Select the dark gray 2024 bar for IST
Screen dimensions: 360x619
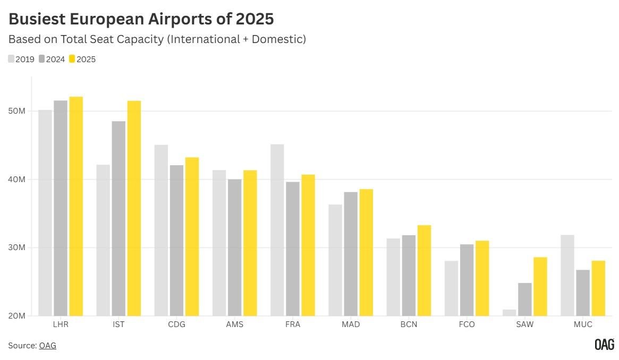point(118,218)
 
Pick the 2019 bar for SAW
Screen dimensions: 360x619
point(509,313)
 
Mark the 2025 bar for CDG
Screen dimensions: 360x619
point(192,236)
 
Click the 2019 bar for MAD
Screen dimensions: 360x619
point(335,260)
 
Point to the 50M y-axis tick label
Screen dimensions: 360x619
point(18,111)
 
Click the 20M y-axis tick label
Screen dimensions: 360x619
point(18,316)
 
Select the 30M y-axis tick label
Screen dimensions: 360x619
point(18,247)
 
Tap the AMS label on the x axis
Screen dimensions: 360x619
point(234,324)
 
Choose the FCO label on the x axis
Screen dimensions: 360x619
point(467,324)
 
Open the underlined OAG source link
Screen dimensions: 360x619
point(47,346)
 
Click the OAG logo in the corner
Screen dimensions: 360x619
point(604,345)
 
